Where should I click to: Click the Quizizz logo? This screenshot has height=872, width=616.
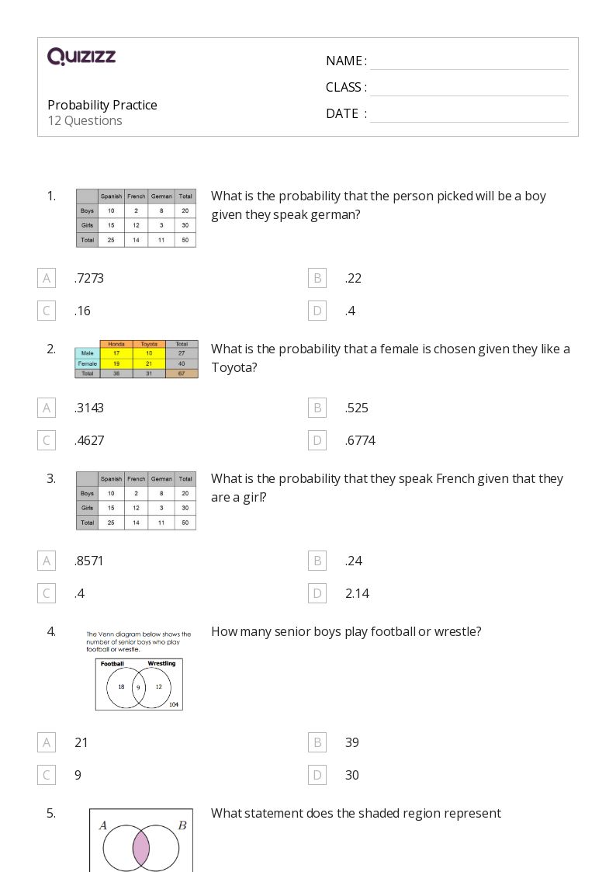click(x=81, y=56)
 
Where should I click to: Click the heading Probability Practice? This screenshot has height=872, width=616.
click(x=102, y=105)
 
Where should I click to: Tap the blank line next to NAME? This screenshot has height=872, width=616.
click(x=469, y=61)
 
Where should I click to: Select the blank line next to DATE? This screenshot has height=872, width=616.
click(x=469, y=114)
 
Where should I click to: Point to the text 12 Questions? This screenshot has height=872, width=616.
click(x=85, y=120)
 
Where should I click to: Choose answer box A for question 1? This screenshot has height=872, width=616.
click(x=47, y=278)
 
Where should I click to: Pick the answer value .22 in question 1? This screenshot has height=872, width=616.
click(x=353, y=278)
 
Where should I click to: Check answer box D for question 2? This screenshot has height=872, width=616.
click(x=317, y=440)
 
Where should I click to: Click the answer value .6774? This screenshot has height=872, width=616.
click(x=360, y=440)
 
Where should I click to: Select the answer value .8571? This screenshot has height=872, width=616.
click(x=89, y=561)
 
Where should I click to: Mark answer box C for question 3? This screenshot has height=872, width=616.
click(x=47, y=593)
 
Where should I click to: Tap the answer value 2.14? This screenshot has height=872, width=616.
click(x=357, y=593)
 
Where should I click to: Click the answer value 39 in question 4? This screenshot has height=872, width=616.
click(x=352, y=742)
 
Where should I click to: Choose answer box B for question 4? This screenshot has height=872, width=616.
click(x=317, y=742)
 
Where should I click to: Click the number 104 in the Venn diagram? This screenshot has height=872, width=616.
click(x=174, y=704)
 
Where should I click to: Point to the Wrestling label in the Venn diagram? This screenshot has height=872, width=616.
click(x=161, y=664)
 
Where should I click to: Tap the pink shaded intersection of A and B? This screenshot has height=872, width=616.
click(x=141, y=849)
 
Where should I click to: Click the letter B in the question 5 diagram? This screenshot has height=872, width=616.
click(x=182, y=825)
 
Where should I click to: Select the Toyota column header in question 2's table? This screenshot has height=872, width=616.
click(x=149, y=344)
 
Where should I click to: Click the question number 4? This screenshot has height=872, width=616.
click(x=51, y=631)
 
